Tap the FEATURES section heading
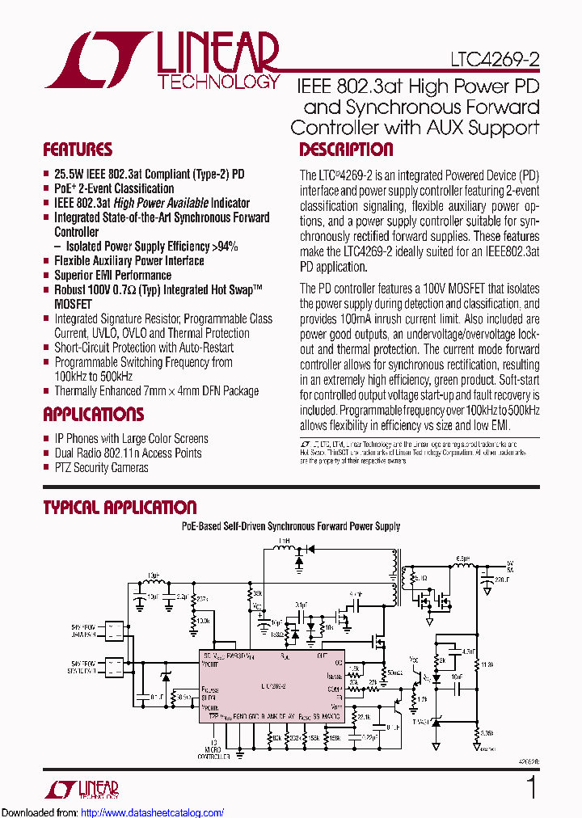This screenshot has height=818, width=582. (78, 150)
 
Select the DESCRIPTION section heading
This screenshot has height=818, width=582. (346, 150)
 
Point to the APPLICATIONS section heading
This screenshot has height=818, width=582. (93, 415)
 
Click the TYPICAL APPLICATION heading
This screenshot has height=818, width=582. (120, 508)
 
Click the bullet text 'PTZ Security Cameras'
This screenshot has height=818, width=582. (101, 467)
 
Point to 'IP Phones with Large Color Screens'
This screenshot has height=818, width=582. (131, 438)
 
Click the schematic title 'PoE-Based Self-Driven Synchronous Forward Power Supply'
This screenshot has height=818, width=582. (290, 526)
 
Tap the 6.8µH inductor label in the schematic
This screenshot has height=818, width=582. (463, 559)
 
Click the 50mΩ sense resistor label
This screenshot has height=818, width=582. (394, 672)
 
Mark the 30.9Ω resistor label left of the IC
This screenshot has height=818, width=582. (183, 696)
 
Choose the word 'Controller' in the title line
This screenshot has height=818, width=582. (331, 128)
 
